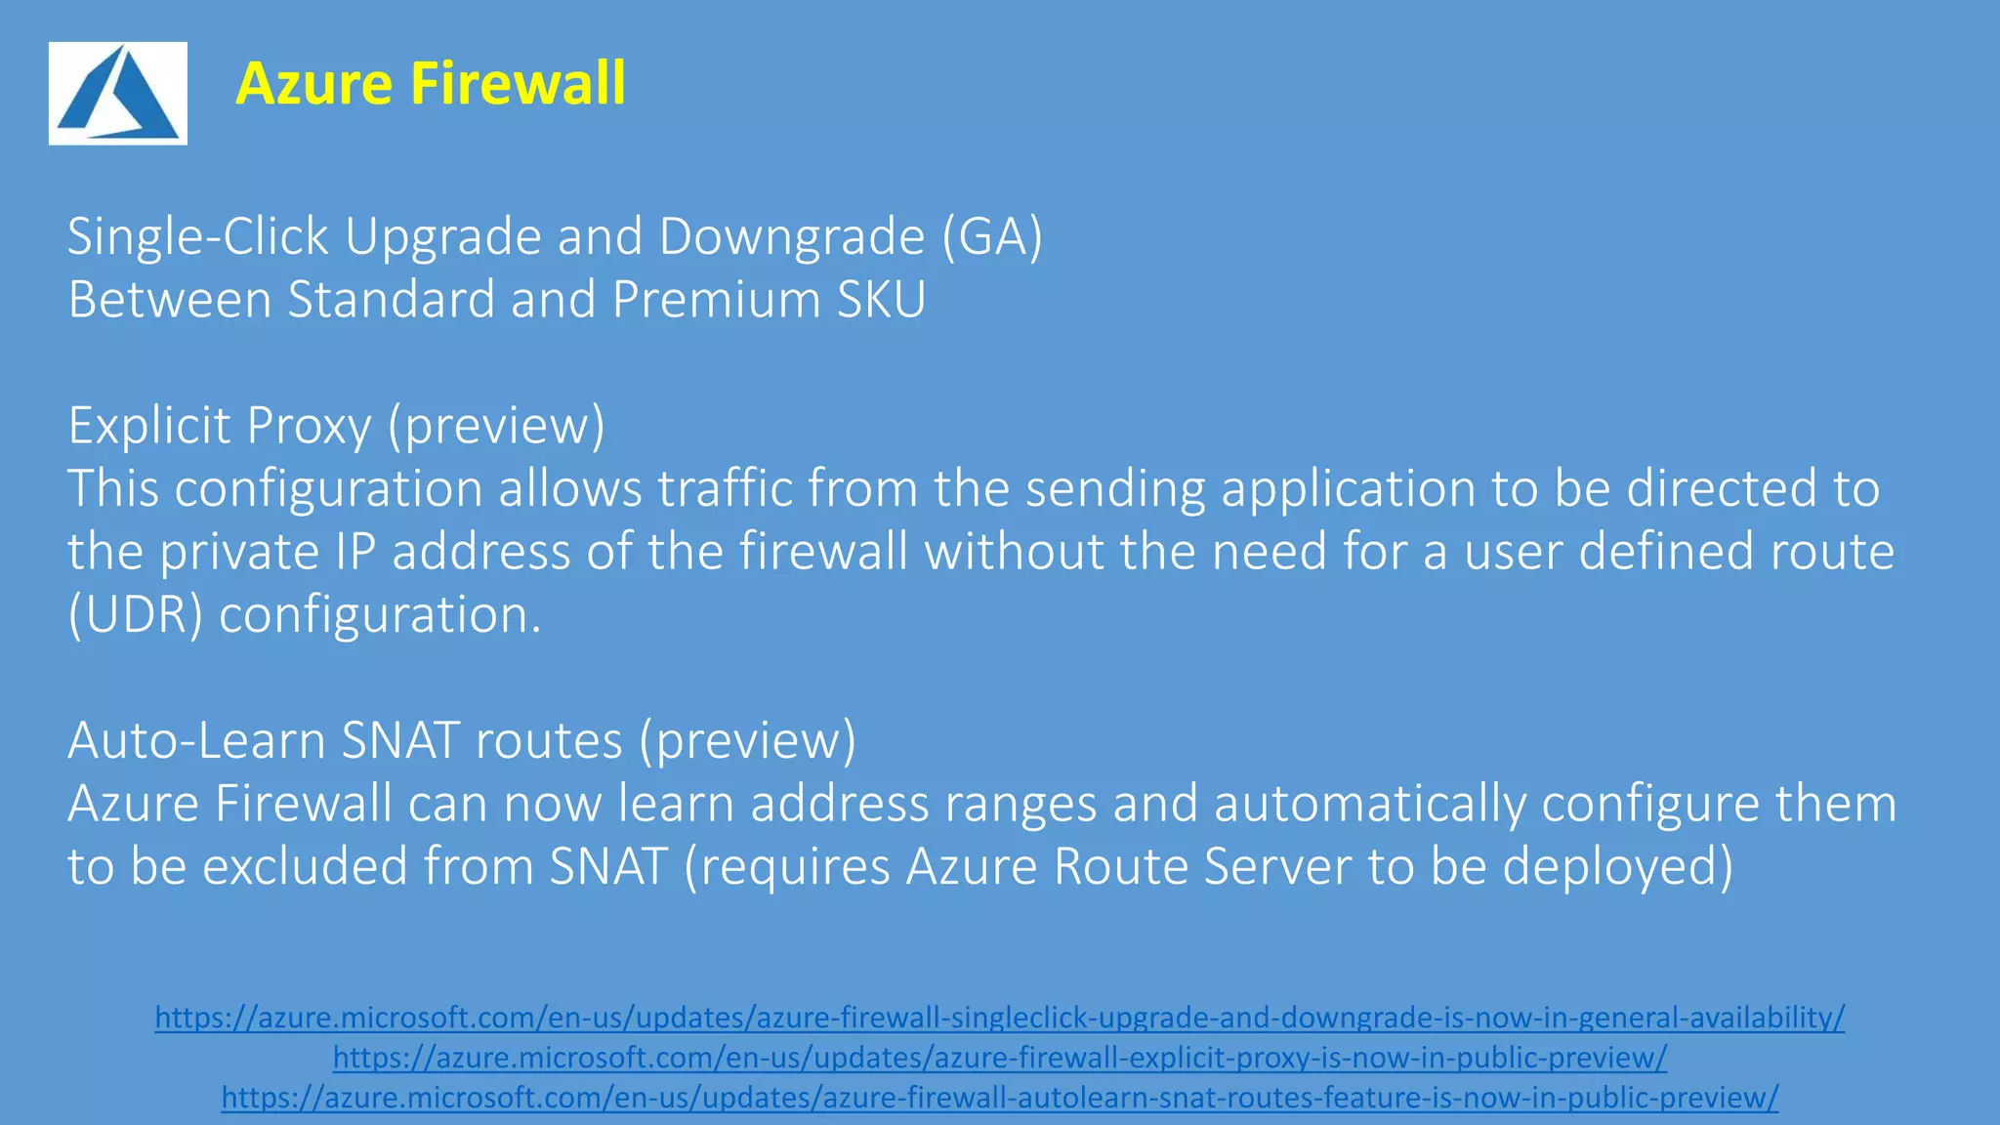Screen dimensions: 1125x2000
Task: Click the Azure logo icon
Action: (x=118, y=94)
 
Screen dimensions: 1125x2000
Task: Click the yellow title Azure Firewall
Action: (x=431, y=83)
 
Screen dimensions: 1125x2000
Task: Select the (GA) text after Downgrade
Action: (x=992, y=236)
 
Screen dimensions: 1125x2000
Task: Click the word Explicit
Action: (x=149, y=426)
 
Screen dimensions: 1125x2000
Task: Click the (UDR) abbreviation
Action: (x=135, y=615)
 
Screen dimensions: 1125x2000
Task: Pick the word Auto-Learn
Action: (x=196, y=740)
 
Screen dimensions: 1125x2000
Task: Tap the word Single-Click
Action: (x=198, y=236)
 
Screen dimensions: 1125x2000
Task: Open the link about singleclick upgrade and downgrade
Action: (x=999, y=1018)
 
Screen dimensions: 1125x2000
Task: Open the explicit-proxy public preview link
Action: (x=999, y=1058)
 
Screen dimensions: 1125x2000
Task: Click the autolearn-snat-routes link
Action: (x=999, y=1098)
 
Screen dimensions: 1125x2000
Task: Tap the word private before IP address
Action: (x=239, y=552)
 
